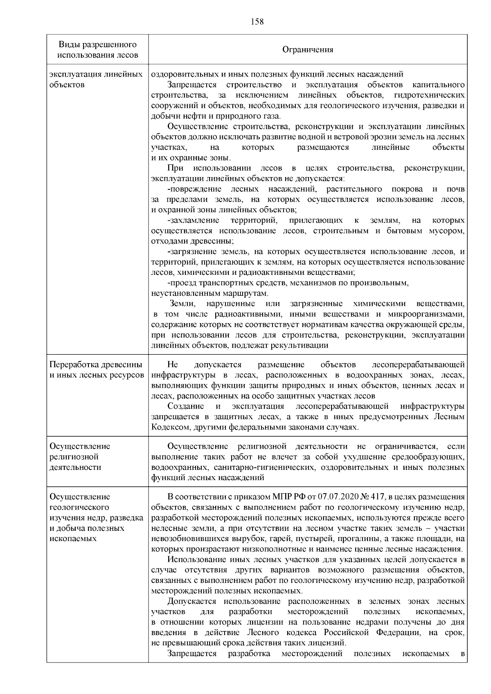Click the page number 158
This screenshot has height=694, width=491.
[257, 22]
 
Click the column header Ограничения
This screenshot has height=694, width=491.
[308, 49]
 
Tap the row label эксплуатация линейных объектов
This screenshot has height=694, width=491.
[96, 79]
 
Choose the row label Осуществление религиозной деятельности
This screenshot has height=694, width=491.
[80, 456]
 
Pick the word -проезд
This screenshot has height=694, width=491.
[182, 283]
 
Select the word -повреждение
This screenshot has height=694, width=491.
[194, 189]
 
